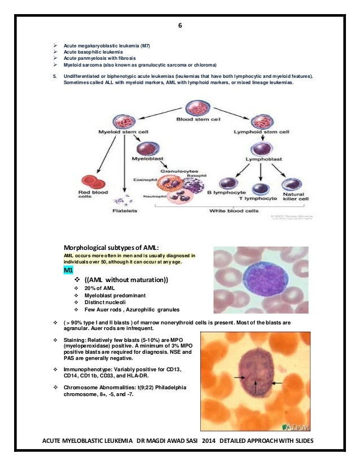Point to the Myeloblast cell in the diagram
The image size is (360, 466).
(x=146, y=148)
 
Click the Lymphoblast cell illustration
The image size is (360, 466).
(x=261, y=149)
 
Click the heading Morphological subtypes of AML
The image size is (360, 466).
(x=111, y=248)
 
